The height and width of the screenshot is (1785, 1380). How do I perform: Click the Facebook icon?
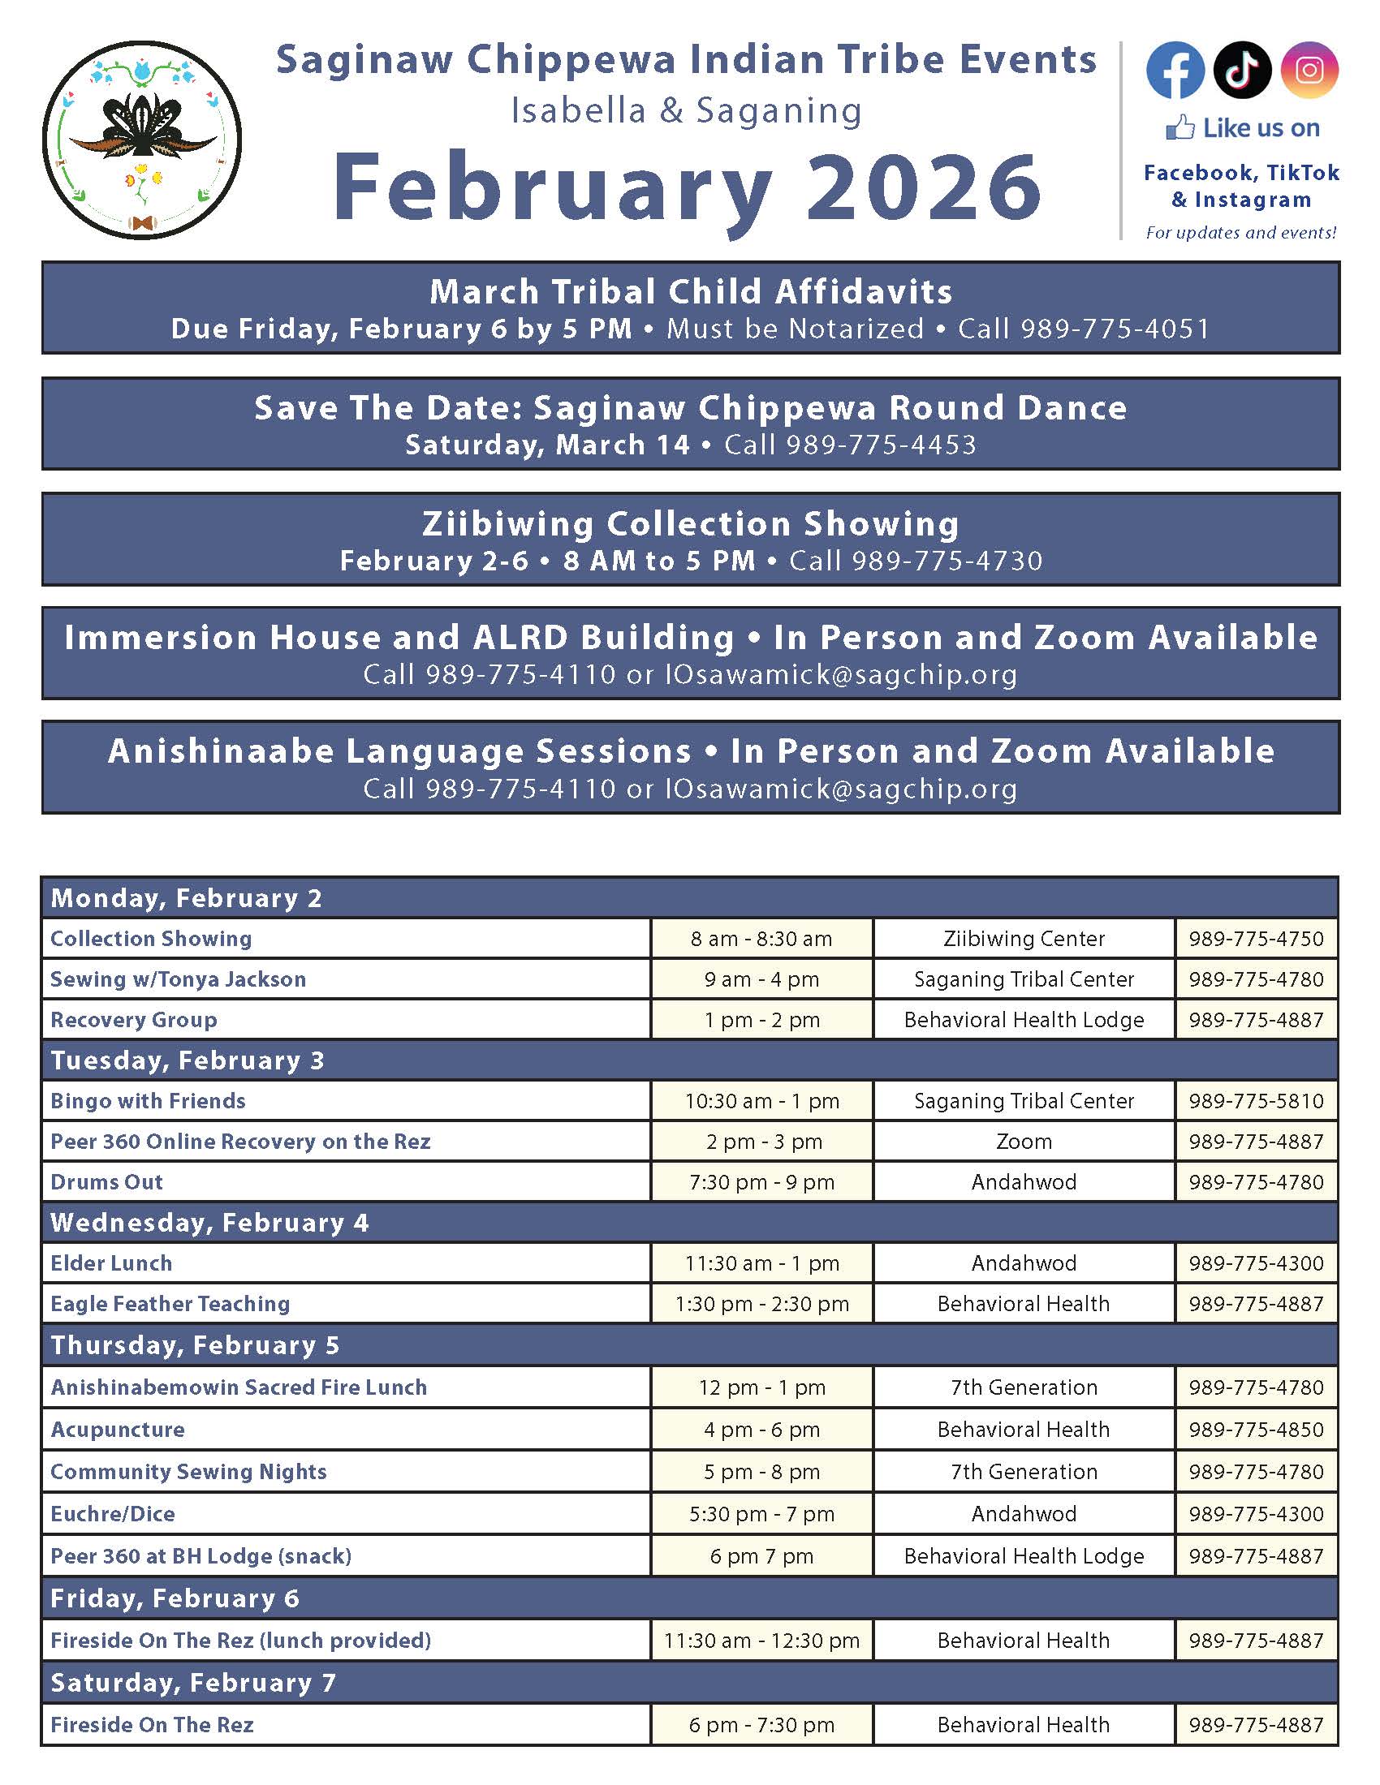pos(1175,71)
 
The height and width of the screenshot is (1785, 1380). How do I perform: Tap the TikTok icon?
pos(1242,71)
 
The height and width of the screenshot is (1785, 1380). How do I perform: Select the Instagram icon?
pos(1309,71)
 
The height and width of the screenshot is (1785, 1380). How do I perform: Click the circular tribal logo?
pos(142,140)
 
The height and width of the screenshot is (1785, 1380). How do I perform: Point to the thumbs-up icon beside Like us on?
pos(1179,127)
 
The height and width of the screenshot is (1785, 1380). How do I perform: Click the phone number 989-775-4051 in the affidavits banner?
pos(1115,329)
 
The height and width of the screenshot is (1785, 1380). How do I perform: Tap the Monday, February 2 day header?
pos(187,898)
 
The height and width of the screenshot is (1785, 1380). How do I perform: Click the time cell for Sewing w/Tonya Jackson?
pos(761,979)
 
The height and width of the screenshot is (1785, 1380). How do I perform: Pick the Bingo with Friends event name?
pos(148,1101)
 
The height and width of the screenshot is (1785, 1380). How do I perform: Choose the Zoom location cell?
pos(1024,1142)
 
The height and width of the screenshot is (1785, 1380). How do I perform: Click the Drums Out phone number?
pos(1256,1182)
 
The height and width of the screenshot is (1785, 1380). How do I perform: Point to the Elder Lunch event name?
pos(111,1263)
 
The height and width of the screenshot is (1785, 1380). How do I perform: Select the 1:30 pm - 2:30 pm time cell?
pos(761,1304)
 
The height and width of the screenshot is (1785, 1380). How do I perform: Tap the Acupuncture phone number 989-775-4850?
pos(1256,1430)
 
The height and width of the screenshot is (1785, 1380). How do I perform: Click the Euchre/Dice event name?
pos(113,1514)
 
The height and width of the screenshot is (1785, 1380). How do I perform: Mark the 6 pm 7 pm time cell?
pos(761,1556)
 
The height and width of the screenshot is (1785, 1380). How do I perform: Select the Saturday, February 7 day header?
pos(193,1683)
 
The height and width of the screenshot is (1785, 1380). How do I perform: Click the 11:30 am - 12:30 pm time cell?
pos(761,1641)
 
